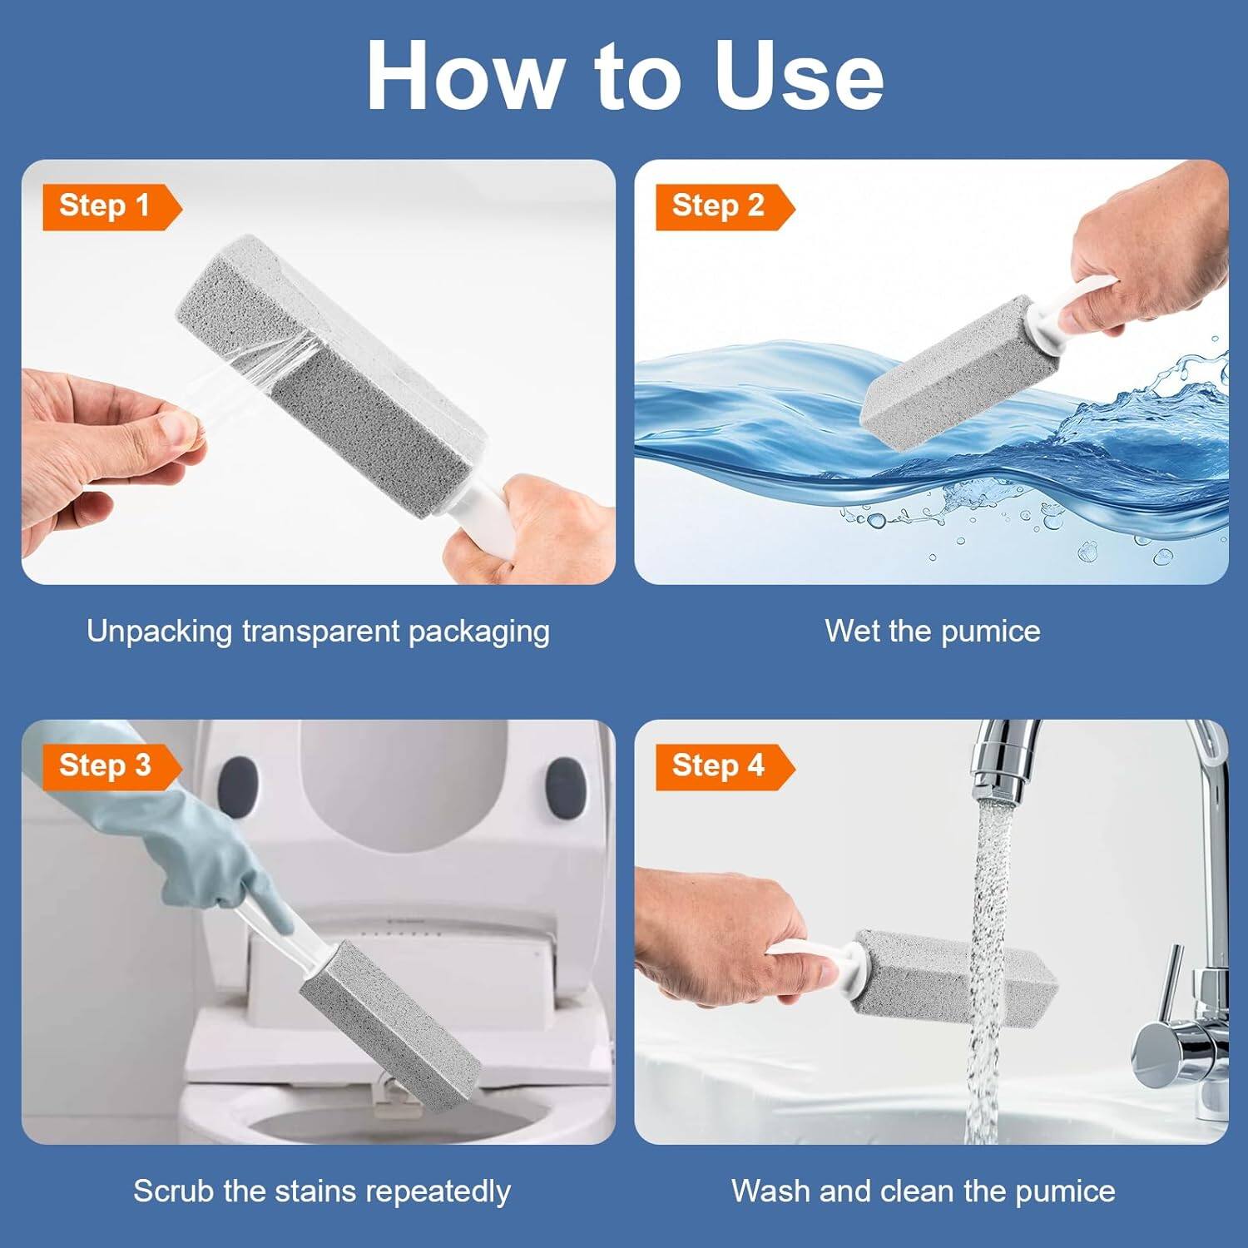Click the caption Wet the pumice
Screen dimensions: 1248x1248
click(x=932, y=631)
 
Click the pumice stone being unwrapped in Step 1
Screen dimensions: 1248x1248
click(x=333, y=374)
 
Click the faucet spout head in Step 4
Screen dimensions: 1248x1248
click(x=1003, y=765)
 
